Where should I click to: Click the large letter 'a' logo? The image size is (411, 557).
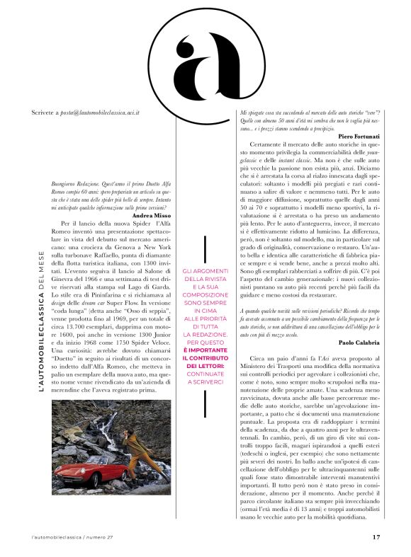(x=205, y=59)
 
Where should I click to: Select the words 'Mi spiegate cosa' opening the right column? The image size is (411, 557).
(x=262, y=113)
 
